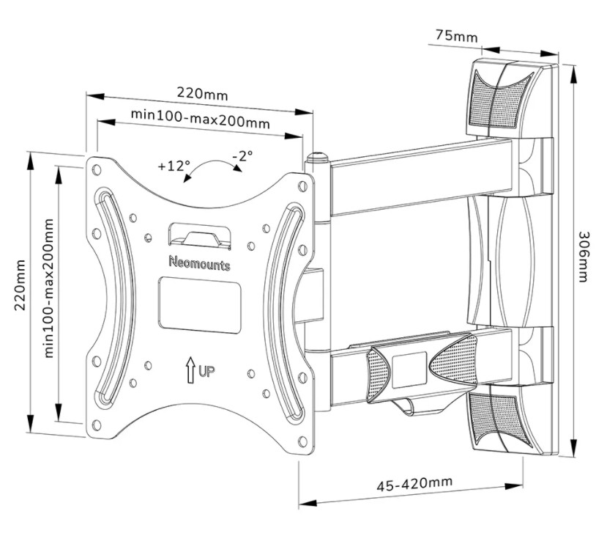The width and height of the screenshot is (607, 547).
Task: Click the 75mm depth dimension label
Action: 455,36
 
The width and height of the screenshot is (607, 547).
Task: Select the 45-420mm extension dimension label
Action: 414,483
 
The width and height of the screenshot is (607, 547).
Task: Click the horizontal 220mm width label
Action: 202,95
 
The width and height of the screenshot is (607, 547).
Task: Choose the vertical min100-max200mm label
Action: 50,287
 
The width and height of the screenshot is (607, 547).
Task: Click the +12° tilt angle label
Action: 174,166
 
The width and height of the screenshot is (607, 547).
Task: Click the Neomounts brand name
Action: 200,263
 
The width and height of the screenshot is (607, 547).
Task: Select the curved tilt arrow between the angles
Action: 212,166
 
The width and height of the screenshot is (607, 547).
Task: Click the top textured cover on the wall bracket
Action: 498,99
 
